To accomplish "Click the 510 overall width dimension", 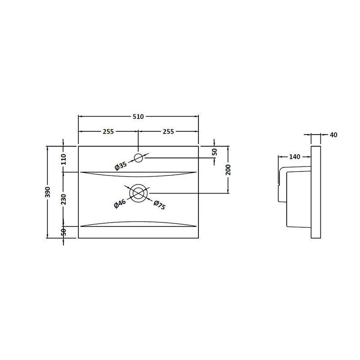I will tap(138, 117).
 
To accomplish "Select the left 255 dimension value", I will tap(108, 131).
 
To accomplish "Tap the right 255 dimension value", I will tap(168, 131).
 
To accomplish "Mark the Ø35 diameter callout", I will tap(121, 165).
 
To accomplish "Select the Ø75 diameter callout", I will tap(160, 205).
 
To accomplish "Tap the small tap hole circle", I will tap(138, 157).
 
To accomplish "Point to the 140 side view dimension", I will tap(294, 157).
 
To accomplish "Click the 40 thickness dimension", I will tap(333, 135).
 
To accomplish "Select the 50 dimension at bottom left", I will tap(63, 232).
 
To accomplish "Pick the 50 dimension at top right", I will tap(214, 153).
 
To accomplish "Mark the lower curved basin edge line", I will tap(138, 222).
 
